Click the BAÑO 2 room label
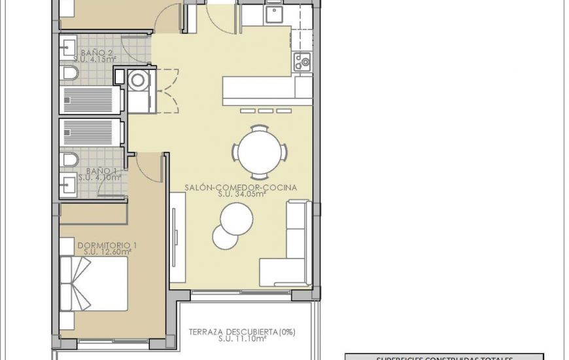click(x=97, y=52)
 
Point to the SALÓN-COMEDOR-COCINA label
click(x=241, y=187)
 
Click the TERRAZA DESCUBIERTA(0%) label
click(x=242, y=332)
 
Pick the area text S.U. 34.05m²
click(x=241, y=194)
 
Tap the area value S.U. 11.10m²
click(x=242, y=339)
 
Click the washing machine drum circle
click(x=139, y=81)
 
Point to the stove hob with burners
click(x=302, y=62)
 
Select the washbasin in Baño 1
click(x=67, y=183)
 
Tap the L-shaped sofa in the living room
click(x=292, y=249)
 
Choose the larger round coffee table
click(x=236, y=219)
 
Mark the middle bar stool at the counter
click(x=265, y=111)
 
